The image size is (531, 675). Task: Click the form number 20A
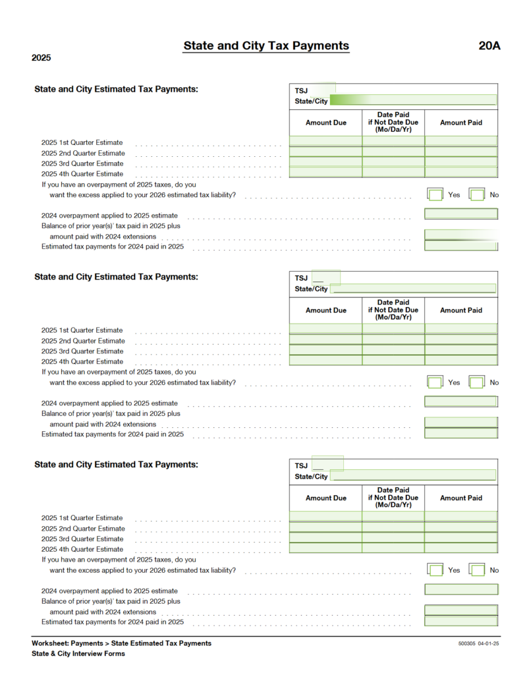click(x=489, y=46)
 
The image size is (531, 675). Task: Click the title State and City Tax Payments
click(x=266, y=46)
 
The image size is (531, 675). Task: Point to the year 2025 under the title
click(x=41, y=58)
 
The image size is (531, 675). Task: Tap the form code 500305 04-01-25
click(x=479, y=643)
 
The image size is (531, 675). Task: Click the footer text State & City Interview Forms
click(x=78, y=654)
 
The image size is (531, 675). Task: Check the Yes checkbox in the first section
click(x=435, y=194)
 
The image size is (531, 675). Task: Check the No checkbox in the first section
click(x=476, y=194)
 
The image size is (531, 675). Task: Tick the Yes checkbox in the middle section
click(x=435, y=382)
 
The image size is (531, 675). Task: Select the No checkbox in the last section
click(x=476, y=570)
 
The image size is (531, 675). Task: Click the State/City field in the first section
click(x=412, y=101)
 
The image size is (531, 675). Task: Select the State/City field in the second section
click(x=412, y=289)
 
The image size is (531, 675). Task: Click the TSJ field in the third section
click(x=327, y=464)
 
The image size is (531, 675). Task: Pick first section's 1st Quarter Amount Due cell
click(x=325, y=141)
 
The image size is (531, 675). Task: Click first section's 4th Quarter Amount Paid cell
click(x=461, y=173)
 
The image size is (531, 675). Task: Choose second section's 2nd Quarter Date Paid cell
click(x=393, y=340)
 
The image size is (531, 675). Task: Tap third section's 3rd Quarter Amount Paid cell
click(x=461, y=538)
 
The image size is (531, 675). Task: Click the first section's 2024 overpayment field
click(x=461, y=214)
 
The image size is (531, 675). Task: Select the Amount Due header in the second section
click(x=325, y=310)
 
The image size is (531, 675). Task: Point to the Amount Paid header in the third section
click(x=461, y=498)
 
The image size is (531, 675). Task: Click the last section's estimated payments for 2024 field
click(x=461, y=621)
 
